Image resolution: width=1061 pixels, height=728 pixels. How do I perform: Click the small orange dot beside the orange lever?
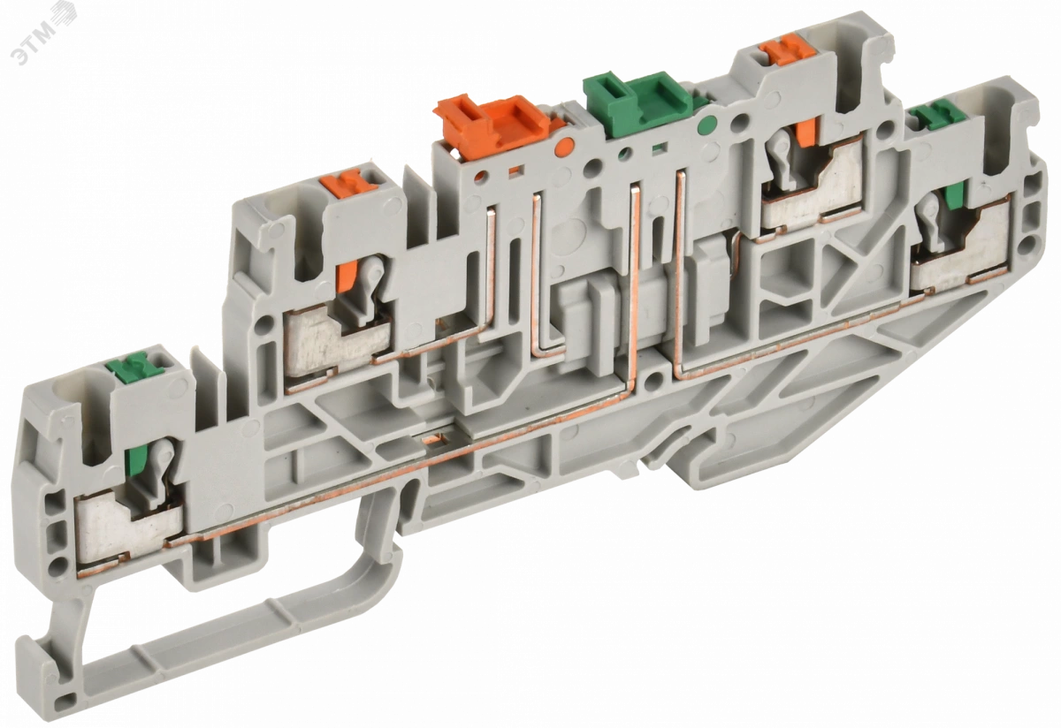tap(564, 145)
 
